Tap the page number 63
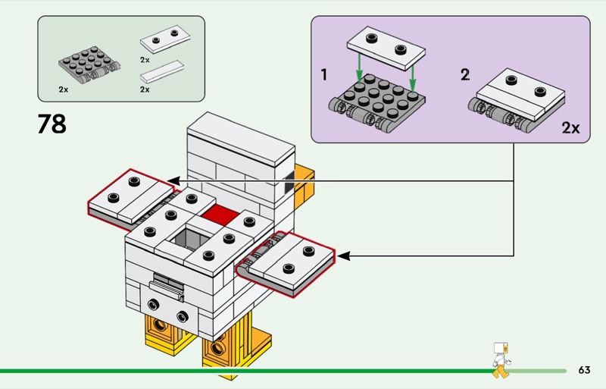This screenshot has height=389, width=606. point(583,370)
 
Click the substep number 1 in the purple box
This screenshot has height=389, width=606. point(324,74)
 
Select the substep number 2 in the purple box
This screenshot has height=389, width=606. point(465,74)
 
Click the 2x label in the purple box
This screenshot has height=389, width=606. point(570,127)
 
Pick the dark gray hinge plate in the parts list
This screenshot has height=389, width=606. point(86,65)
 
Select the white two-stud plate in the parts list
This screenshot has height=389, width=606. point(164,39)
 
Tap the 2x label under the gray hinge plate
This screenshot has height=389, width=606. point(64,89)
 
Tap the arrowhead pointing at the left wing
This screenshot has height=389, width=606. point(173,180)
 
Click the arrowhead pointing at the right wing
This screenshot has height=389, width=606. point(342,256)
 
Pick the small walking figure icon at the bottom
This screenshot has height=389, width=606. point(500,359)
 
